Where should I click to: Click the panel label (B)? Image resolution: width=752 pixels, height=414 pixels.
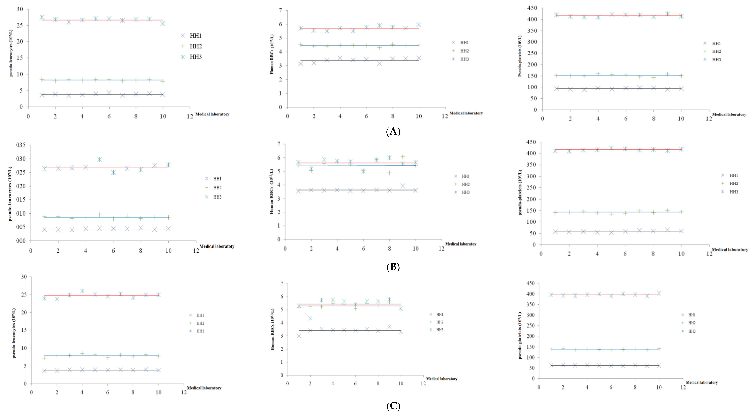tap(393, 267)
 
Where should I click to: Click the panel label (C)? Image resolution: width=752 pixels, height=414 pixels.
tap(393, 406)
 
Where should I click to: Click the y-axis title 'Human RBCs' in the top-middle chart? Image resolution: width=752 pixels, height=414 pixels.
tap(272, 54)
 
